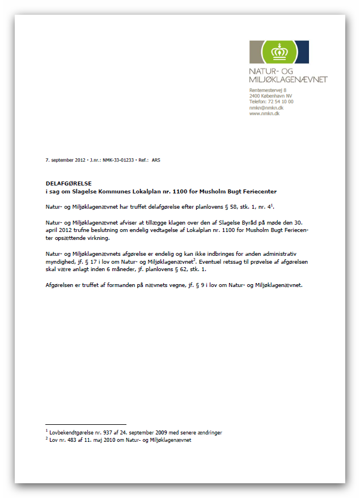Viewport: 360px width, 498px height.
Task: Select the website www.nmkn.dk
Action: pyautogui.click(x=265, y=113)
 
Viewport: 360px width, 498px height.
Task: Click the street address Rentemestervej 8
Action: pyautogui.click(x=268, y=90)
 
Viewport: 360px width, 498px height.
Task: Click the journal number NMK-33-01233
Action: pyautogui.click(x=118, y=161)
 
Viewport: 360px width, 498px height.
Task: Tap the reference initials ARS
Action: pyautogui.click(x=156, y=161)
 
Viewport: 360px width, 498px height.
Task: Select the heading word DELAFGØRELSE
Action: pyautogui.click(x=69, y=184)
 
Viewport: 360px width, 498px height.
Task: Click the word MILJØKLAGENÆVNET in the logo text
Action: pyautogui.click(x=289, y=79)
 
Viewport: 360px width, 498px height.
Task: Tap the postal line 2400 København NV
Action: pyautogui.click(x=270, y=96)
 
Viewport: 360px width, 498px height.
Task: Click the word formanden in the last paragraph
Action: pyautogui.click(x=135, y=285)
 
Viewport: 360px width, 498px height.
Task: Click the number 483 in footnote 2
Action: pyautogui.click(x=75, y=440)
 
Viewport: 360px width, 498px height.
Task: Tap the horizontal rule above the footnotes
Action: pyautogui.click(x=86, y=424)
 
